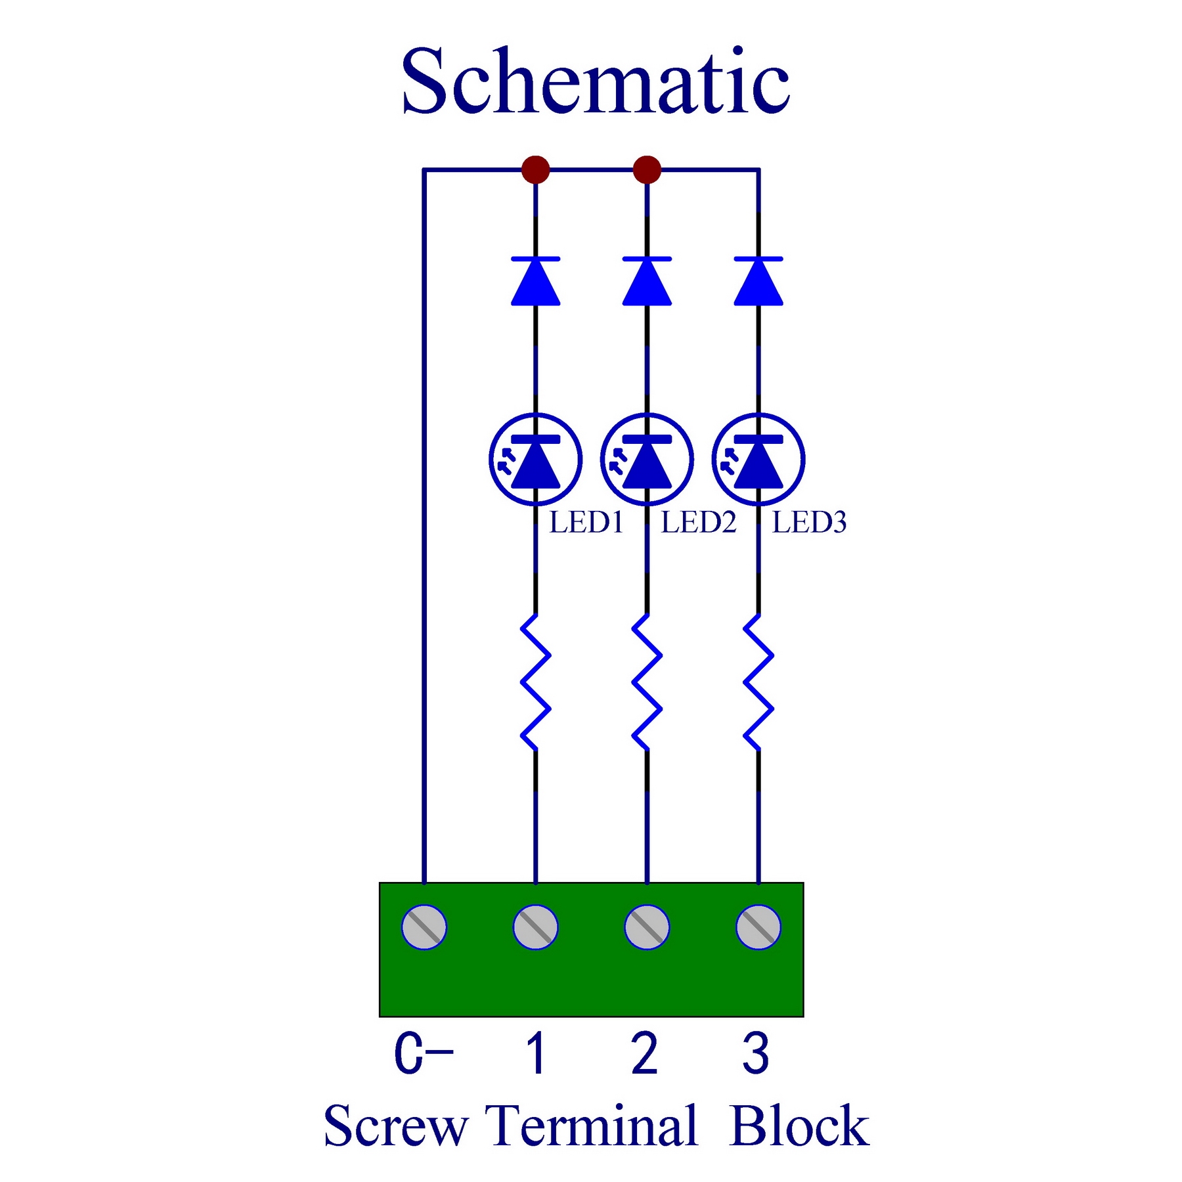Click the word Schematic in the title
click(x=596, y=81)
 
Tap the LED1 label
click(x=586, y=523)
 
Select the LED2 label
click(x=698, y=523)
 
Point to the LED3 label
click(x=809, y=523)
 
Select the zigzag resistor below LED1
click(x=535, y=682)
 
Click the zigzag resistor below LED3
click(x=758, y=682)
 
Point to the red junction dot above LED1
click(x=535, y=169)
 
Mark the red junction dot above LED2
click(x=647, y=169)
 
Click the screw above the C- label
click(x=424, y=927)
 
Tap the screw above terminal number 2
click(x=647, y=927)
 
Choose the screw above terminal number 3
click(x=758, y=927)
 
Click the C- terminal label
click(x=424, y=1053)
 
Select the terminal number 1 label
click(x=536, y=1053)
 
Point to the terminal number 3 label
click(x=756, y=1053)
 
